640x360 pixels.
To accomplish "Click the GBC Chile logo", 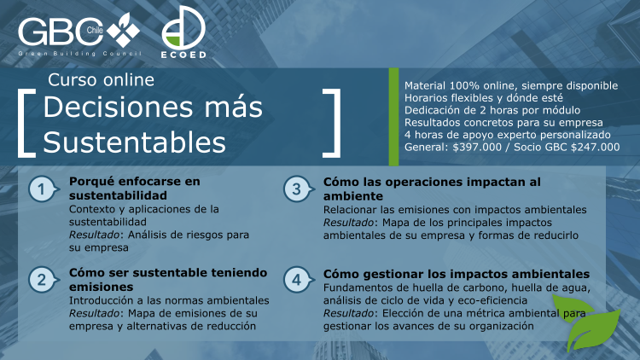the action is (79, 34).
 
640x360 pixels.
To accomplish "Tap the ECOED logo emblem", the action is (183, 28).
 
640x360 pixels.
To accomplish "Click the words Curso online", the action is (101, 80).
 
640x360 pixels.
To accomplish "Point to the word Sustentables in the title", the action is (134, 142).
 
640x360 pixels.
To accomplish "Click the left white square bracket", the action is (21, 123).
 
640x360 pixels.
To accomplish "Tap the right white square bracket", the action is (336, 123).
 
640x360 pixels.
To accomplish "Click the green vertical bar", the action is (393, 117).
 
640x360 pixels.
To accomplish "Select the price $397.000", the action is (477, 148).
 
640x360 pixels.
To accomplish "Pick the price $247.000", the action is (595, 148).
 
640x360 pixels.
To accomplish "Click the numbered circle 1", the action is (43, 189).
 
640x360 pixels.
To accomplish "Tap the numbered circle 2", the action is (43, 280).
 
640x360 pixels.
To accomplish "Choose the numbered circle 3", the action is (298, 189).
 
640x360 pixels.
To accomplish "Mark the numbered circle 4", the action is (298, 280).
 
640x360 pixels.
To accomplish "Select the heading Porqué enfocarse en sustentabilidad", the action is (135, 189).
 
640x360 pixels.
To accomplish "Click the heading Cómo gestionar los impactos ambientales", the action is (457, 274).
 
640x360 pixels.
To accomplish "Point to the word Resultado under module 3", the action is (348, 223).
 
